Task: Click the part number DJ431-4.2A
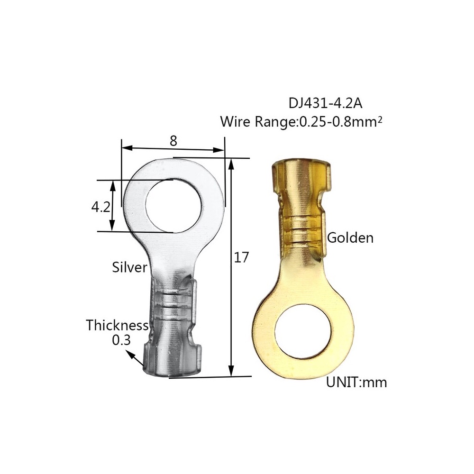323,103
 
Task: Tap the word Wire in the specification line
236,122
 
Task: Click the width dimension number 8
173,140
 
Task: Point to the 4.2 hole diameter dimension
100,207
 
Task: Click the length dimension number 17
241,257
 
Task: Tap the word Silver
129,267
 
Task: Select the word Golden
350,237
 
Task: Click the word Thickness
117,326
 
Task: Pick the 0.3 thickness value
121,340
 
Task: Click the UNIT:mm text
356,382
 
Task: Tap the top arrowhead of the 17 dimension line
231,164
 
